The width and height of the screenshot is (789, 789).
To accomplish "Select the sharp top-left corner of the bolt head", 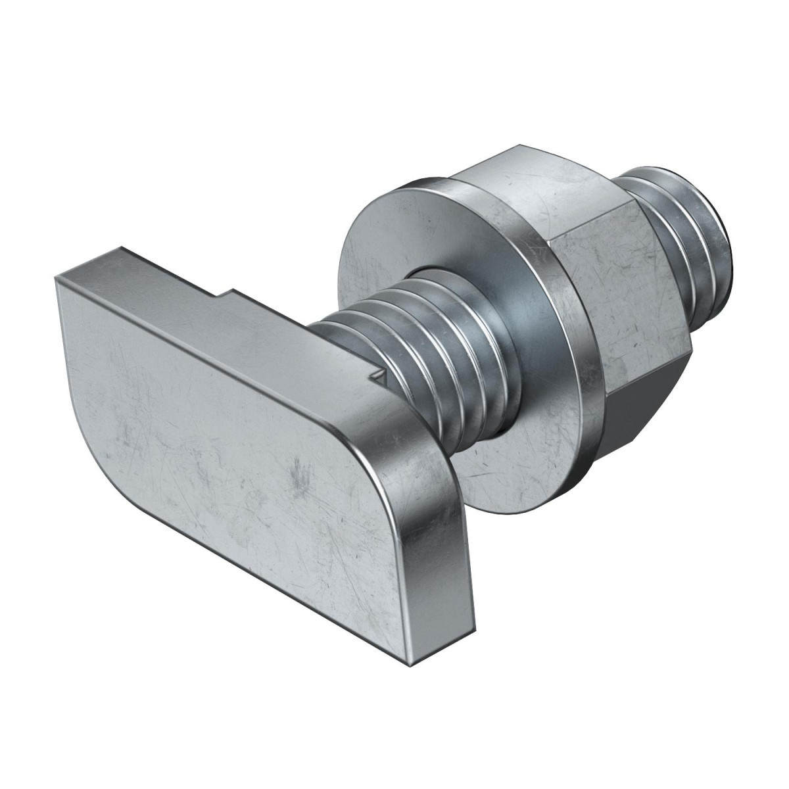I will point(58,279).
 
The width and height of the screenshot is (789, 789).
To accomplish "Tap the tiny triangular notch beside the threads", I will point(377,376).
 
